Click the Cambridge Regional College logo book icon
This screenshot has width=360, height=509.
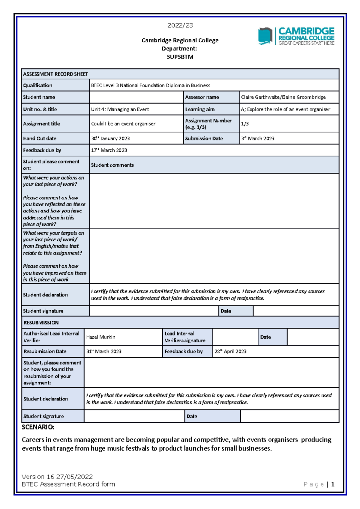(x=265, y=36)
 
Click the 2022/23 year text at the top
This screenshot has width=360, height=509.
(x=180, y=25)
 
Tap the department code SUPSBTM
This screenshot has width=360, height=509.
(x=180, y=57)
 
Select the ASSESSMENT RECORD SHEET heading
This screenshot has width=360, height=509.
(x=55, y=74)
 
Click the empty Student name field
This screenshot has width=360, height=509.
(x=136, y=97)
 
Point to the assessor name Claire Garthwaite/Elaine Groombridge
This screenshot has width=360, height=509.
(x=283, y=97)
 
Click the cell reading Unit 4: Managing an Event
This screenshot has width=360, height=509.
(x=120, y=109)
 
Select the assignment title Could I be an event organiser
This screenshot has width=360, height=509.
(x=123, y=124)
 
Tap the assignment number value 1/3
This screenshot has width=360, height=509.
(x=245, y=124)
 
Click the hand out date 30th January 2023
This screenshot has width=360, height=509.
(x=110, y=138)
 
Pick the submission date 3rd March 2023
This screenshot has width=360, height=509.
(x=258, y=138)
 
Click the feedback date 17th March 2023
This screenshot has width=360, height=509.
(x=109, y=150)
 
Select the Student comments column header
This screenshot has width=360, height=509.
(x=112, y=165)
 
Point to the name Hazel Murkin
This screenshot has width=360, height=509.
(x=101, y=337)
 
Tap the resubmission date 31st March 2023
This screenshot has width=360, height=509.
(x=104, y=351)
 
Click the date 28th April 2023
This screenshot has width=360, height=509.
(x=230, y=351)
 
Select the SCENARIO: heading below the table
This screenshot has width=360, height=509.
(x=38, y=427)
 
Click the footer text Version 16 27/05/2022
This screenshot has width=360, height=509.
(x=57, y=477)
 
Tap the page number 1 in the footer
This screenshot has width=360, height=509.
(x=332, y=484)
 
